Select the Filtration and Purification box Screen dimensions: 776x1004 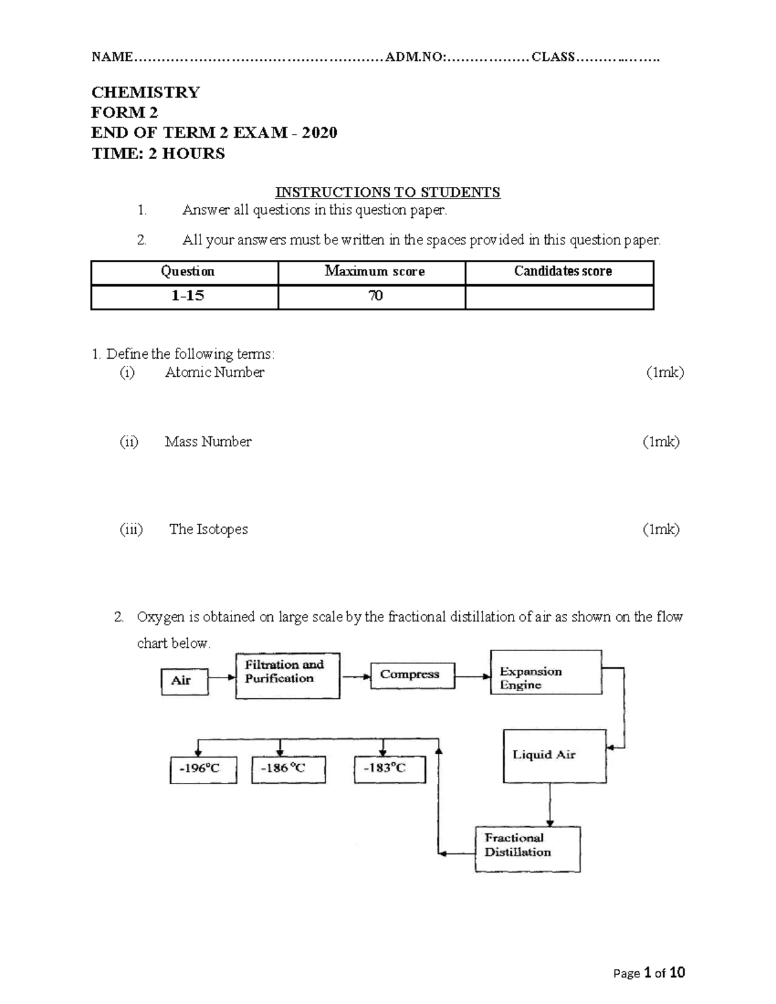tap(287, 675)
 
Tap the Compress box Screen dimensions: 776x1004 tap(412, 675)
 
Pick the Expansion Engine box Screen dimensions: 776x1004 tap(546, 672)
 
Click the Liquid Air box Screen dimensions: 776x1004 tap(554, 756)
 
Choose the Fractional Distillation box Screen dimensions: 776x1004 tap(527, 849)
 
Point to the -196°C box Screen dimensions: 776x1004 tap(203, 769)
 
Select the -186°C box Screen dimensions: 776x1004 tap(288, 769)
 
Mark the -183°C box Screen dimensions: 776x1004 tap(389, 769)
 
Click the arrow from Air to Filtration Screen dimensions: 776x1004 tap(222, 678)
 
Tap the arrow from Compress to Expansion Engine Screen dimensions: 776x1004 tap(473, 676)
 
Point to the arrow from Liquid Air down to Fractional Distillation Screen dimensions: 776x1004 tap(550, 805)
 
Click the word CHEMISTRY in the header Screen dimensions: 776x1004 tap(145, 92)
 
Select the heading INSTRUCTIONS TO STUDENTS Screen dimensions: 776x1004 tap(387, 193)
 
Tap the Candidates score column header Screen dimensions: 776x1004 tap(563, 272)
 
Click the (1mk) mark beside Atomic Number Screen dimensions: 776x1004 tap(665, 372)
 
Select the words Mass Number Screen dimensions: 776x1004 tap(208, 442)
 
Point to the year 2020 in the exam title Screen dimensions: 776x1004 tap(319, 133)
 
